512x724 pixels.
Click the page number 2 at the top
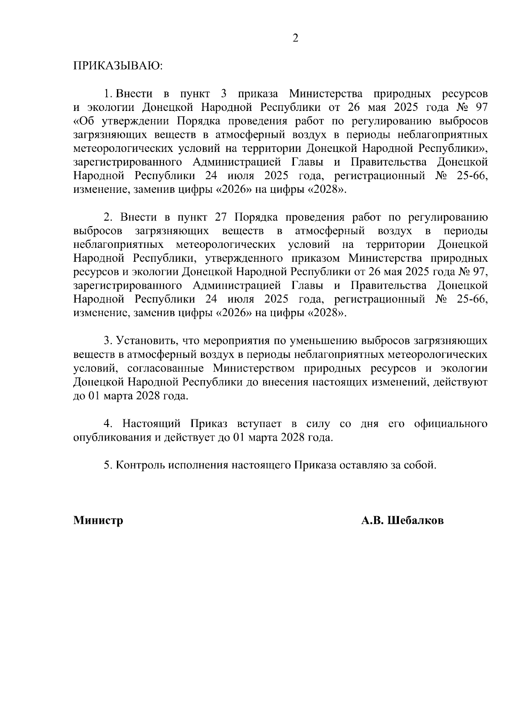(x=295, y=38)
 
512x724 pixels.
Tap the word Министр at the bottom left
(x=98, y=520)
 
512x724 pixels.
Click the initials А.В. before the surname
(x=372, y=520)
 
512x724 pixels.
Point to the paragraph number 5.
(x=108, y=465)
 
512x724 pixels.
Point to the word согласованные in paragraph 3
(x=165, y=368)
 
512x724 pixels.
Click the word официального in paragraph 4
(x=451, y=424)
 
